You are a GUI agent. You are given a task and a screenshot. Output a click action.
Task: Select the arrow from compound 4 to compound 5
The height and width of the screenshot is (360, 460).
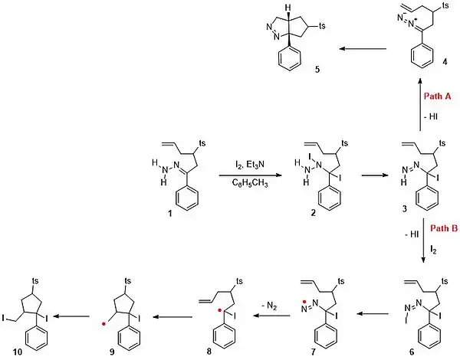[363, 49]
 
